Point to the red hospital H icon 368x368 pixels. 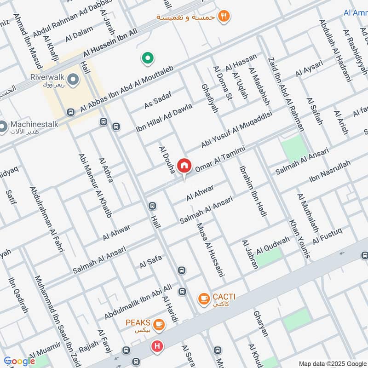click(x=158, y=346)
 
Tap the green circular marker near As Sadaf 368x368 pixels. click(x=147, y=58)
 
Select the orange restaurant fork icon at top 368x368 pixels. click(x=224, y=16)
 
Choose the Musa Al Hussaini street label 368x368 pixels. click(x=210, y=249)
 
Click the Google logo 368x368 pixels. click(x=19, y=361)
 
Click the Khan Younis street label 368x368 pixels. click(x=299, y=238)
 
